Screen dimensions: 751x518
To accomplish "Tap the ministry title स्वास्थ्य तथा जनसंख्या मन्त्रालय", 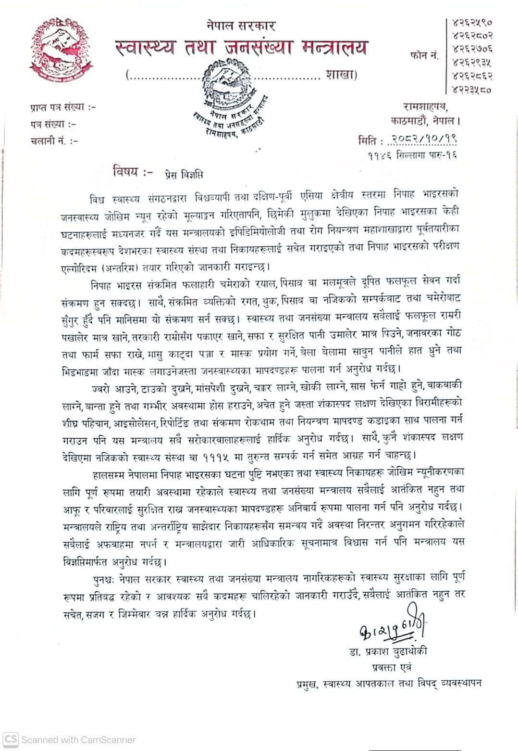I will coord(242,48).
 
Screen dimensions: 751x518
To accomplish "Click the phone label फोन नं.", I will coord(425,56).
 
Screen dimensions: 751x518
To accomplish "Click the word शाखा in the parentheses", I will coord(339,75).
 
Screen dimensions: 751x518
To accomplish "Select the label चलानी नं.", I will coord(54,141).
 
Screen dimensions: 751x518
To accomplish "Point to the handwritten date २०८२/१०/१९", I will coord(424,140).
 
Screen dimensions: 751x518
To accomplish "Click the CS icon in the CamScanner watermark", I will coord(12,739).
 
